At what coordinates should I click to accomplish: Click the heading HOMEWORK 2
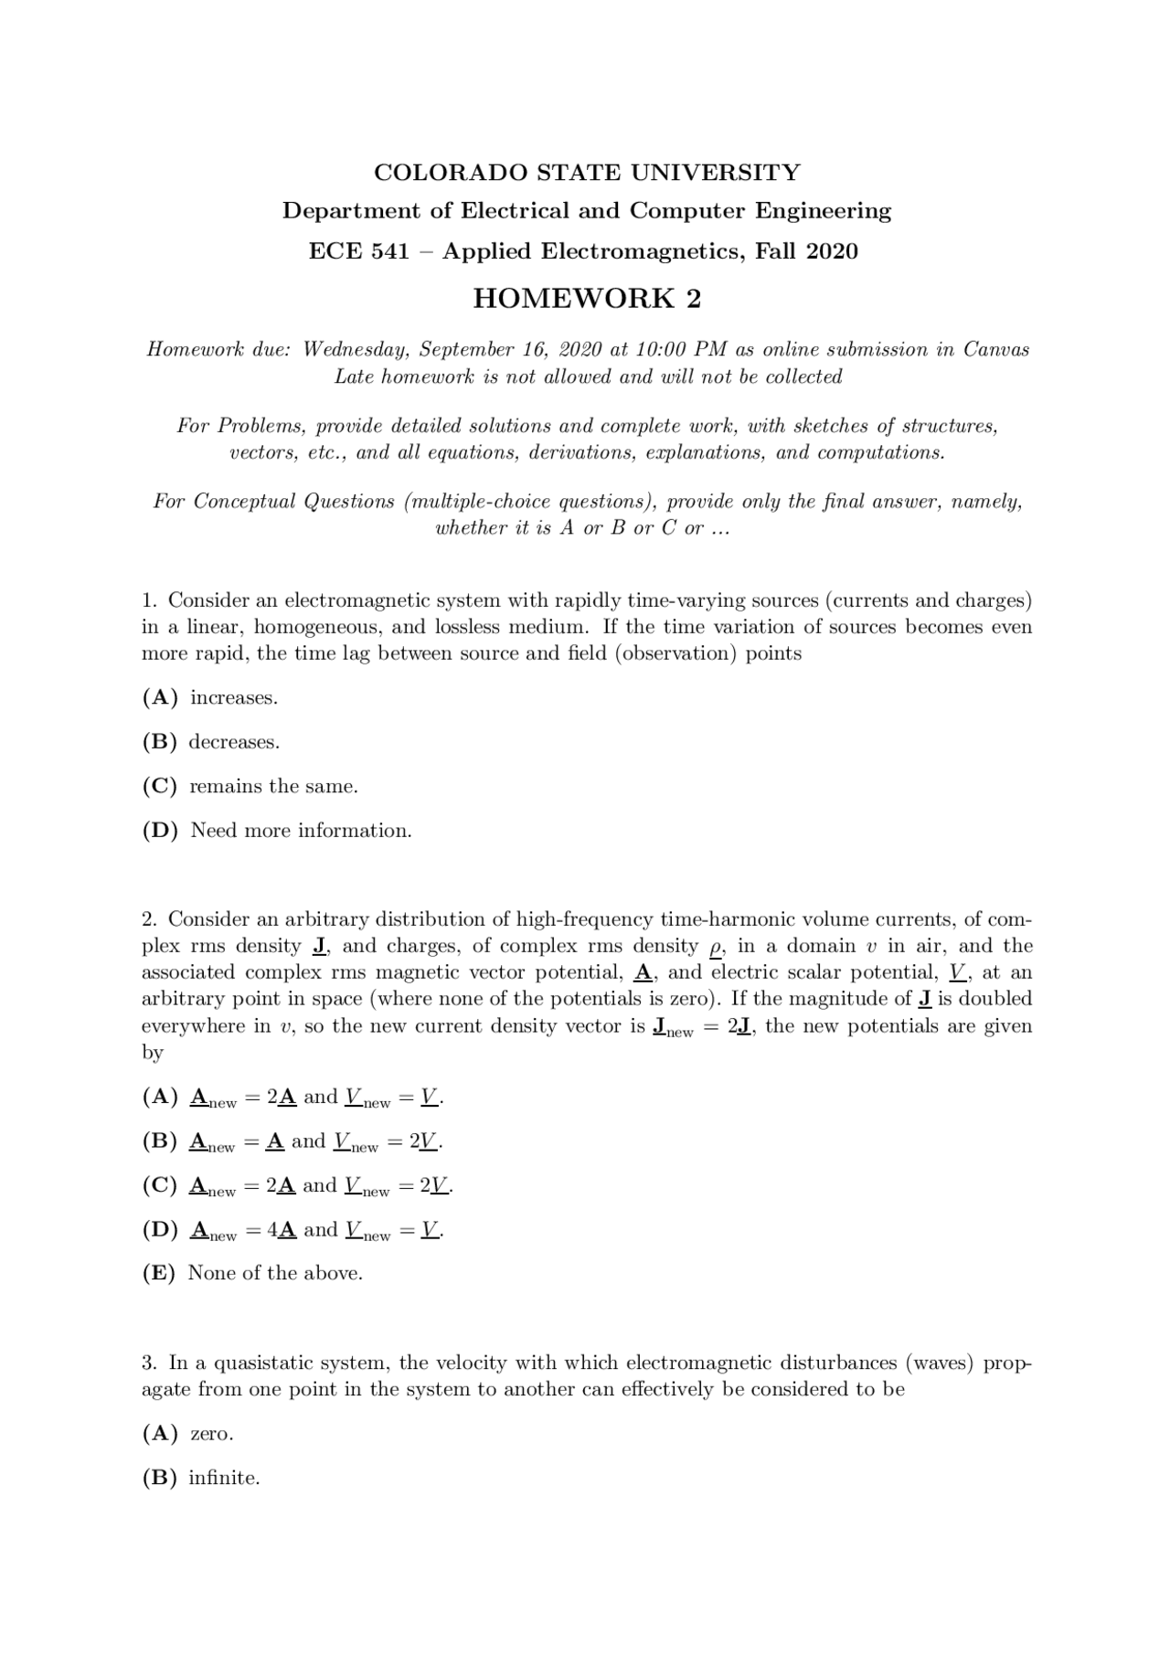(x=587, y=299)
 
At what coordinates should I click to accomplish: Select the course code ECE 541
(x=358, y=251)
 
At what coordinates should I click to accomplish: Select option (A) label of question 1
(x=160, y=698)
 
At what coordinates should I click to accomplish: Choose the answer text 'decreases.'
(x=234, y=742)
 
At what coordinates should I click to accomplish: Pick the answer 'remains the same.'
(x=273, y=786)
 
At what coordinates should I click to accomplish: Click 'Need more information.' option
(x=301, y=831)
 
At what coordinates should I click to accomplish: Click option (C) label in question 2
(x=160, y=1185)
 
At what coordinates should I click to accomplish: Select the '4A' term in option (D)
(x=282, y=1230)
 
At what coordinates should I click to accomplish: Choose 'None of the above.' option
(x=275, y=1273)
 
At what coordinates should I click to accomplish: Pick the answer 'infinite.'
(x=224, y=1478)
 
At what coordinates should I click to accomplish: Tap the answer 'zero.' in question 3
(x=211, y=1434)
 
